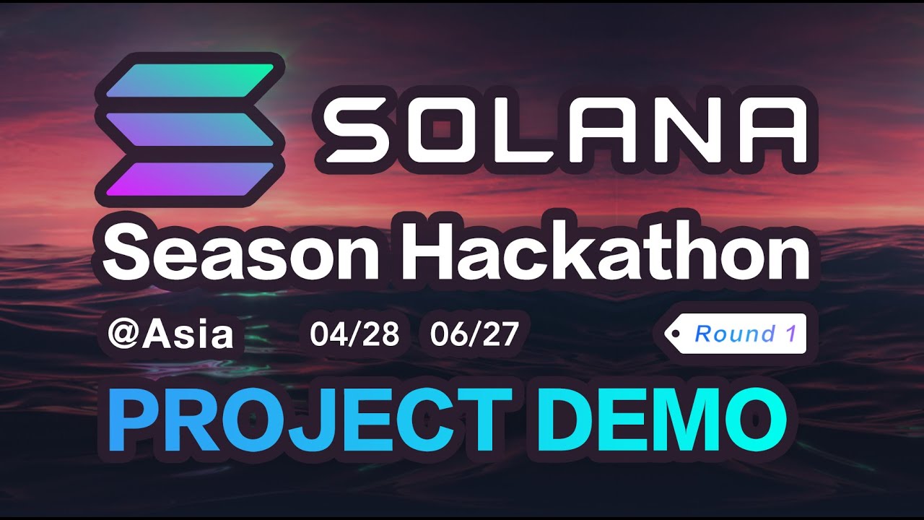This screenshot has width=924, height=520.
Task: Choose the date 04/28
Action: tap(354, 335)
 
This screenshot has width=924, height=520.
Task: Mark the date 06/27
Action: tap(474, 335)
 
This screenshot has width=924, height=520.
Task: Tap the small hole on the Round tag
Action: tap(676, 333)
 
